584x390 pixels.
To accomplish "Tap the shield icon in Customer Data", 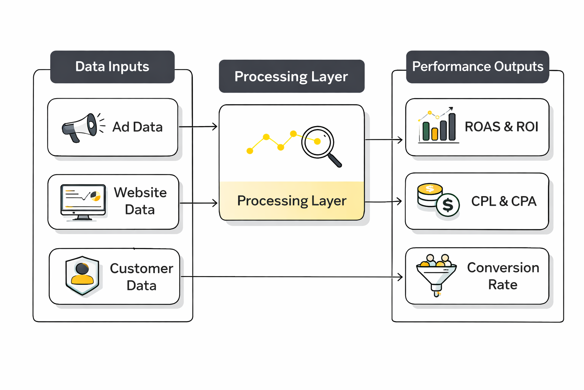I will (x=82, y=275).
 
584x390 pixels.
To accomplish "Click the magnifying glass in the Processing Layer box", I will (x=320, y=145).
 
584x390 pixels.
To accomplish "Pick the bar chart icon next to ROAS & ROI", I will (x=438, y=126).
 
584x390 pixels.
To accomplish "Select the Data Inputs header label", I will (x=112, y=67).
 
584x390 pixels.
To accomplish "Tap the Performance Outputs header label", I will (x=478, y=67).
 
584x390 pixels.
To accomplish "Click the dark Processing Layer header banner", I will (x=291, y=76).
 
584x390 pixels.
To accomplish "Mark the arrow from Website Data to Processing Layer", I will (x=198, y=203).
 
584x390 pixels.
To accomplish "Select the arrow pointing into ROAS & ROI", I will (x=384, y=140).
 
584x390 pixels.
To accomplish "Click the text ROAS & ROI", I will (x=501, y=127).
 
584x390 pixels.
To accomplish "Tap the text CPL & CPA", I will (x=503, y=201).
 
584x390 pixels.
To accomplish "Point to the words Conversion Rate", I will (x=503, y=276).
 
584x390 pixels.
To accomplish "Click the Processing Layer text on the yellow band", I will (x=292, y=201).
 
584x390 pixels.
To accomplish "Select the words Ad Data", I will (x=137, y=127).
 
